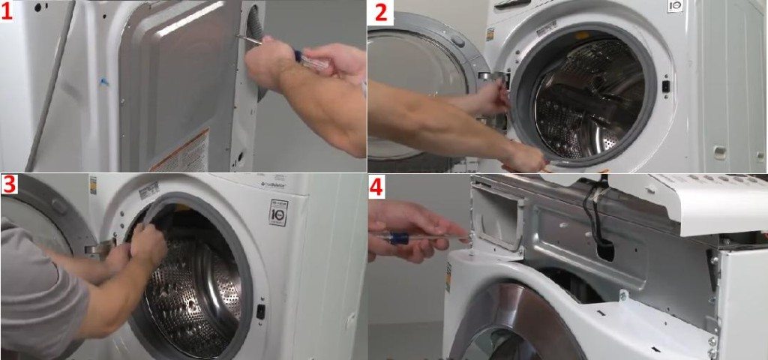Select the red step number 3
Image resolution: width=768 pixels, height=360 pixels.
10,184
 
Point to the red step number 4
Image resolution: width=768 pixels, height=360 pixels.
376,186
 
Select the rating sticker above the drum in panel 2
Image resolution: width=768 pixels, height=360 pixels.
546,28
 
